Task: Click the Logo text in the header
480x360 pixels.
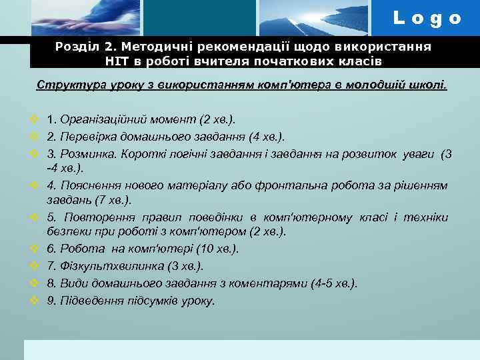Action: [427, 19]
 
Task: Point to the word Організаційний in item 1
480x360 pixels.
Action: [99, 120]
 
